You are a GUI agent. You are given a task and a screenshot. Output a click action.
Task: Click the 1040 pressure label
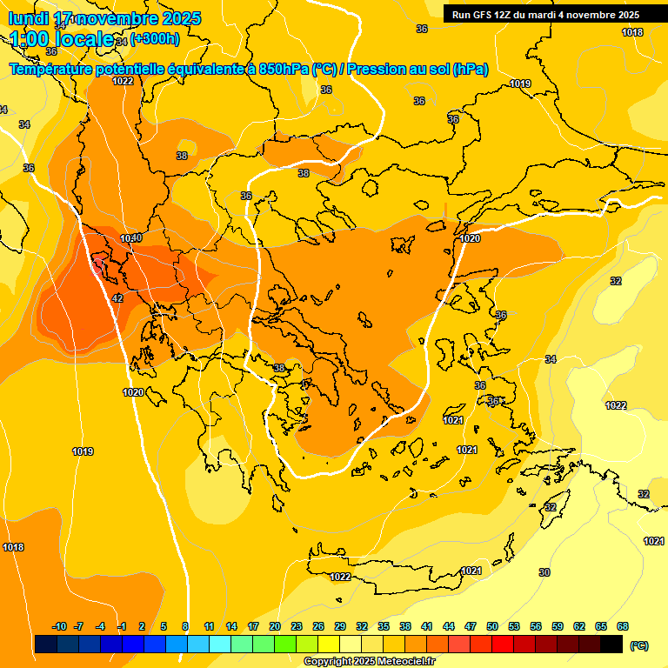pyautogui.click(x=130, y=238)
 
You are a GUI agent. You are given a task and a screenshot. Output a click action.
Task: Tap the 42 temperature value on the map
pyautogui.click(x=117, y=299)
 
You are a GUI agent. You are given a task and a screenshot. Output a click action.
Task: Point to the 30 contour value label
pyautogui.click(x=544, y=572)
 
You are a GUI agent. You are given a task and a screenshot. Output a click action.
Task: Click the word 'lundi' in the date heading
pyautogui.click(x=28, y=18)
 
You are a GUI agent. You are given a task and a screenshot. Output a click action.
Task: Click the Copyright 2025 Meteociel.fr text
pyautogui.click(x=369, y=662)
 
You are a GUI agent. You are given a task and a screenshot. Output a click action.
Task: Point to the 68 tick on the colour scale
pyautogui.click(x=623, y=626)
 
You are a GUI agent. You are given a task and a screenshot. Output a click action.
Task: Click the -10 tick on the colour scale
pyautogui.click(x=59, y=626)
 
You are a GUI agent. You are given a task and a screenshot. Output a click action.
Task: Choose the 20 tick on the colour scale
pyautogui.click(x=275, y=626)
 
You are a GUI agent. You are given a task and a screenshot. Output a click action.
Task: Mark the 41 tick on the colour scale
pyautogui.click(x=427, y=626)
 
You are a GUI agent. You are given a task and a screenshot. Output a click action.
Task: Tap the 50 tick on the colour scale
pyautogui.click(x=492, y=626)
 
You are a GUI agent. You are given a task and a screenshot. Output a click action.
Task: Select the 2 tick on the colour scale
pyautogui.click(x=143, y=626)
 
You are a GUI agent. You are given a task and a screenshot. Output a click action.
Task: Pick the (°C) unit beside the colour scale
pyautogui.click(x=639, y=645)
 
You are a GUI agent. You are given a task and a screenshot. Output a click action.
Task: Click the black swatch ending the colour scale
pyautogui.click(x=611, y=644)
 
